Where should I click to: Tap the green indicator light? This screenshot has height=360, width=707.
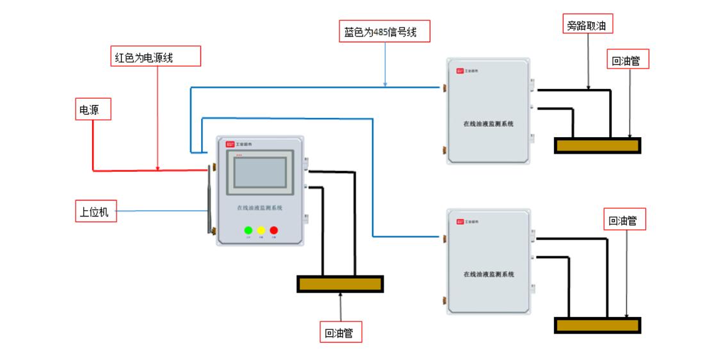click(248, 230)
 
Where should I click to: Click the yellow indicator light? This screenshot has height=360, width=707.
click(261, 230)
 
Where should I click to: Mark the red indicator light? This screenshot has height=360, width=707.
click(274, 230)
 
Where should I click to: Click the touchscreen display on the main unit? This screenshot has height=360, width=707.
click(261, 172)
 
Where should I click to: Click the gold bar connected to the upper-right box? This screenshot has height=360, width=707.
click(597, 145)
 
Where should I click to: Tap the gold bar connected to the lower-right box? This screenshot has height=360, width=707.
click(597, 325)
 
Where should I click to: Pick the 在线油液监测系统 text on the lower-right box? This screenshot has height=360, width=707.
click(489, 274)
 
